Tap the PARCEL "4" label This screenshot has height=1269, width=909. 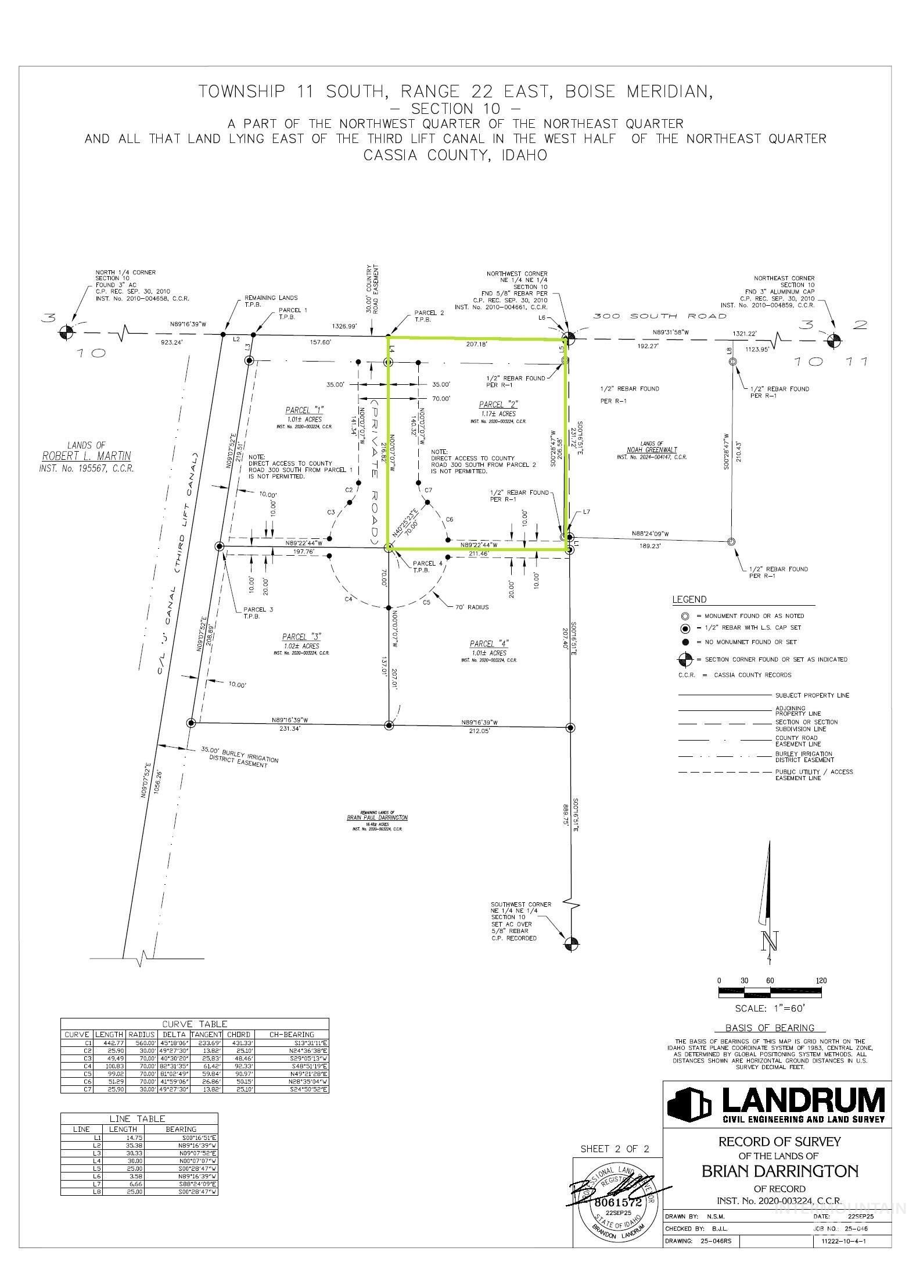[488, 644]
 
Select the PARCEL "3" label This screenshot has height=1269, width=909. [301, 637]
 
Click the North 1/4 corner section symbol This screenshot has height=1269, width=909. [67, 333]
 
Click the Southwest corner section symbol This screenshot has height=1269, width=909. [572, 944]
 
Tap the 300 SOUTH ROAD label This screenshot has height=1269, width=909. [659, 316]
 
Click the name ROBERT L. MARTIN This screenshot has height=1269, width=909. [86, 456]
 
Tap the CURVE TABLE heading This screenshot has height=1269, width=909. [195, 1024]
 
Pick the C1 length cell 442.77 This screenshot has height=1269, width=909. [109, 1043]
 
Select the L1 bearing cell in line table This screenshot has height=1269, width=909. [181, 1138]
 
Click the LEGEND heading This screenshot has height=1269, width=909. [689, 599]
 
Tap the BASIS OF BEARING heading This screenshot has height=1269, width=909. [770, 1027]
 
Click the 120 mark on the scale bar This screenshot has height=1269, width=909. [821, 981]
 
